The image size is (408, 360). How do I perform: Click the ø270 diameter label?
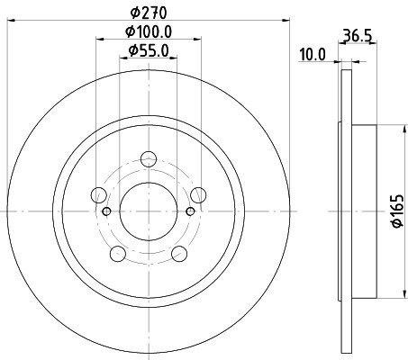pyautogui.click(x=149, y=13)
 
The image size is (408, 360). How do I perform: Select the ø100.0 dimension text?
pyautogui.click(x=149, y=31)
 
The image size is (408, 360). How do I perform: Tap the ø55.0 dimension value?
pyautogui.click(x=149, y=50)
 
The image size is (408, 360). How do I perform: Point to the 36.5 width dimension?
pyautogui.click(x=358, y=36)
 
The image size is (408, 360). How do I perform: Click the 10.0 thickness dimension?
pyautogui.click(x=313, y=55)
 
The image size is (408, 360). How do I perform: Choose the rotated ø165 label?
pyautogui.click(x=398, y=211)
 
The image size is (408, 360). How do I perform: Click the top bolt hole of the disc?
pyautogui.click(x=149, y=159)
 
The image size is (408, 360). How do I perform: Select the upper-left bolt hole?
pyautogui.click(x=98, y=195)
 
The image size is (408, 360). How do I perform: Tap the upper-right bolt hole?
pyautogui.click(x=198, y=195)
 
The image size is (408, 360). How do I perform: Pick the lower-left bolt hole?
pyautogui.click(x=118, y=254)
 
